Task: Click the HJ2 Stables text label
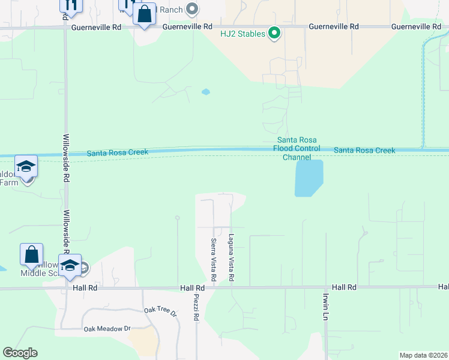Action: pyautogui.click(x=243, y=34)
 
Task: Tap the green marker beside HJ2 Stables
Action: pyautogui.click(x=274, y=33)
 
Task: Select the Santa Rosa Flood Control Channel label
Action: pyautogui.click(x=297, y=148)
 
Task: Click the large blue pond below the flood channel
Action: pyautogui.click(x=309, y=178)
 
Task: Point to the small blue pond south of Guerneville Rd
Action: pyautogui.click(x=206, y=92)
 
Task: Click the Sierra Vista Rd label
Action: pyautogui.click(x=213, y=260)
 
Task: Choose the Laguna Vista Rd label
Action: pyautogui.click(x=231, y=258)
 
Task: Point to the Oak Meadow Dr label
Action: pyautogui.click(x=107, y=329)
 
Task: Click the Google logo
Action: pyautogui.click(x=20, y=353)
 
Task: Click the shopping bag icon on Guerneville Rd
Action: pyautogui.click(x=144, y=14)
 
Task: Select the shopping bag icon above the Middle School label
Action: pyautogui.click(x=31, y=254)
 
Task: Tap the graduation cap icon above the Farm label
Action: pyautogui.click(x=26, y=166)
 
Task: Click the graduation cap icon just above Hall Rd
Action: pyautogui.click(x=70, y=266)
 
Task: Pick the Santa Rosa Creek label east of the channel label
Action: pyautogui.click(x=364, y=150)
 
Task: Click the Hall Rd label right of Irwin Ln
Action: pyautogui.click(x=344, y=287)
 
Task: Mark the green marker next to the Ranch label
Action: pyautogui.click(x=192, y=8)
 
